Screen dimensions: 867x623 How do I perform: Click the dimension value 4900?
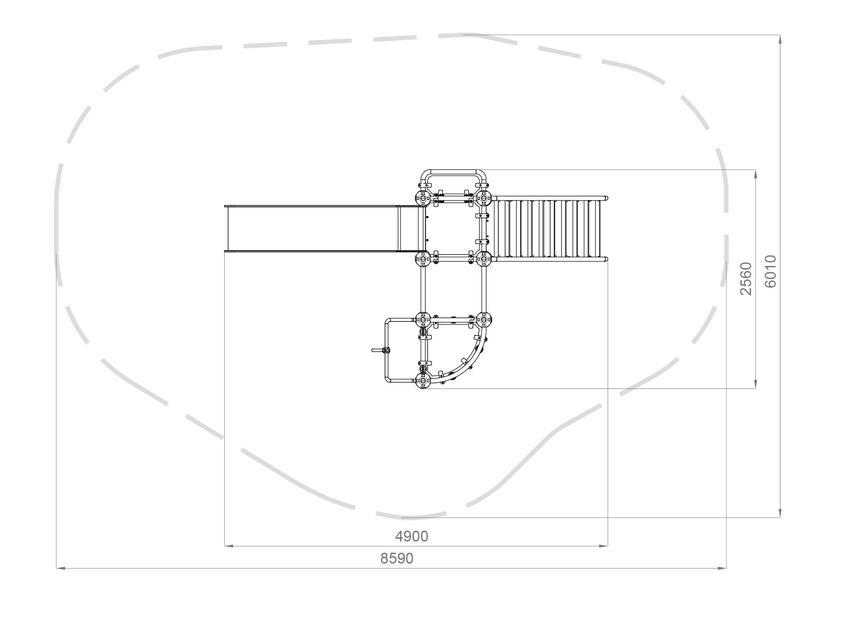(x=411, y=537)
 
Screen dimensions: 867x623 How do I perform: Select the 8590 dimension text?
(x=397, y=558)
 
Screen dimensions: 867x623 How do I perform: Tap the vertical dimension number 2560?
(x=746, y=279)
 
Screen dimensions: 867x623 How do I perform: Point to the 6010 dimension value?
(x=770, y=272)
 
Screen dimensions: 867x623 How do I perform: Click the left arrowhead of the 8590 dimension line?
(x=61, y=568)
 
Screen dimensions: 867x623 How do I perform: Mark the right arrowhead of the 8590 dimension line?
(x=722, y=568)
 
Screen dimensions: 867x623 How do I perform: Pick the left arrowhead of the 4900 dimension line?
(x=229, y=546)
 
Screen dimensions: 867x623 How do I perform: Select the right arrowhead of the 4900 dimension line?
(x=603, y=546)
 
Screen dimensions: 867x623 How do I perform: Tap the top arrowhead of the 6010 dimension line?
(x=780, y=40)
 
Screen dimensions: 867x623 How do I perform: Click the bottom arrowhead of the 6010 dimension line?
(x=780, y=513)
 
